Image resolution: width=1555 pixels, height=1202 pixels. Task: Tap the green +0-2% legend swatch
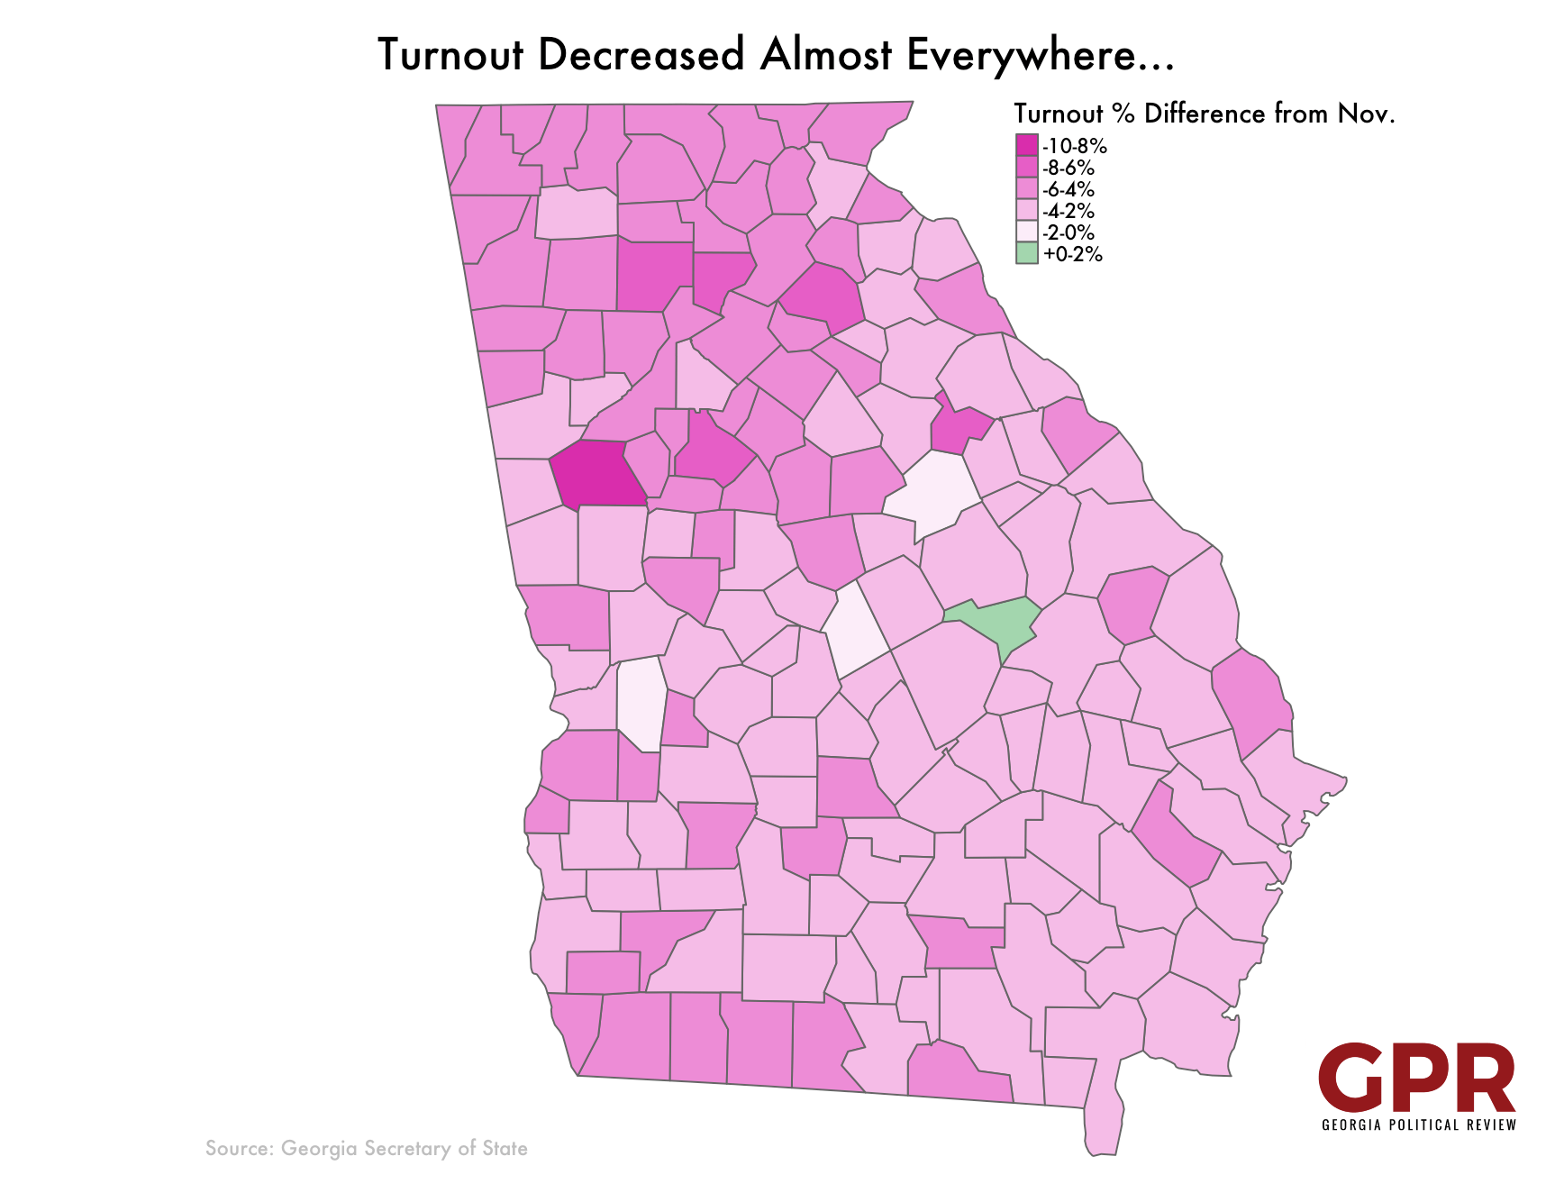(1026, 253)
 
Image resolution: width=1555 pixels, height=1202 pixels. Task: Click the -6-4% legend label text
(1068, 189)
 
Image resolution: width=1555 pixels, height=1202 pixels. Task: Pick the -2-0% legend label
(1068, 232)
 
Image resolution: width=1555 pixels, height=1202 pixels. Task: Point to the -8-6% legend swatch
(1026, 168)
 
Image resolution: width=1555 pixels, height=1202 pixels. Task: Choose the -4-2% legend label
(1068, 211)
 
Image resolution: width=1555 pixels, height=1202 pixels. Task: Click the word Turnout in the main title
(450, 55)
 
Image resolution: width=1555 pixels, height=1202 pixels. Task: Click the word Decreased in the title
(641, 55)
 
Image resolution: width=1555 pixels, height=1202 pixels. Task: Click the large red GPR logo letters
(1416, 1079)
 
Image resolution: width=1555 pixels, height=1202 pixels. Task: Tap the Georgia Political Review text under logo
(1419, 1125)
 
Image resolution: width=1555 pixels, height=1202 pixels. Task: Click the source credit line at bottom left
(366, 1148)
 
